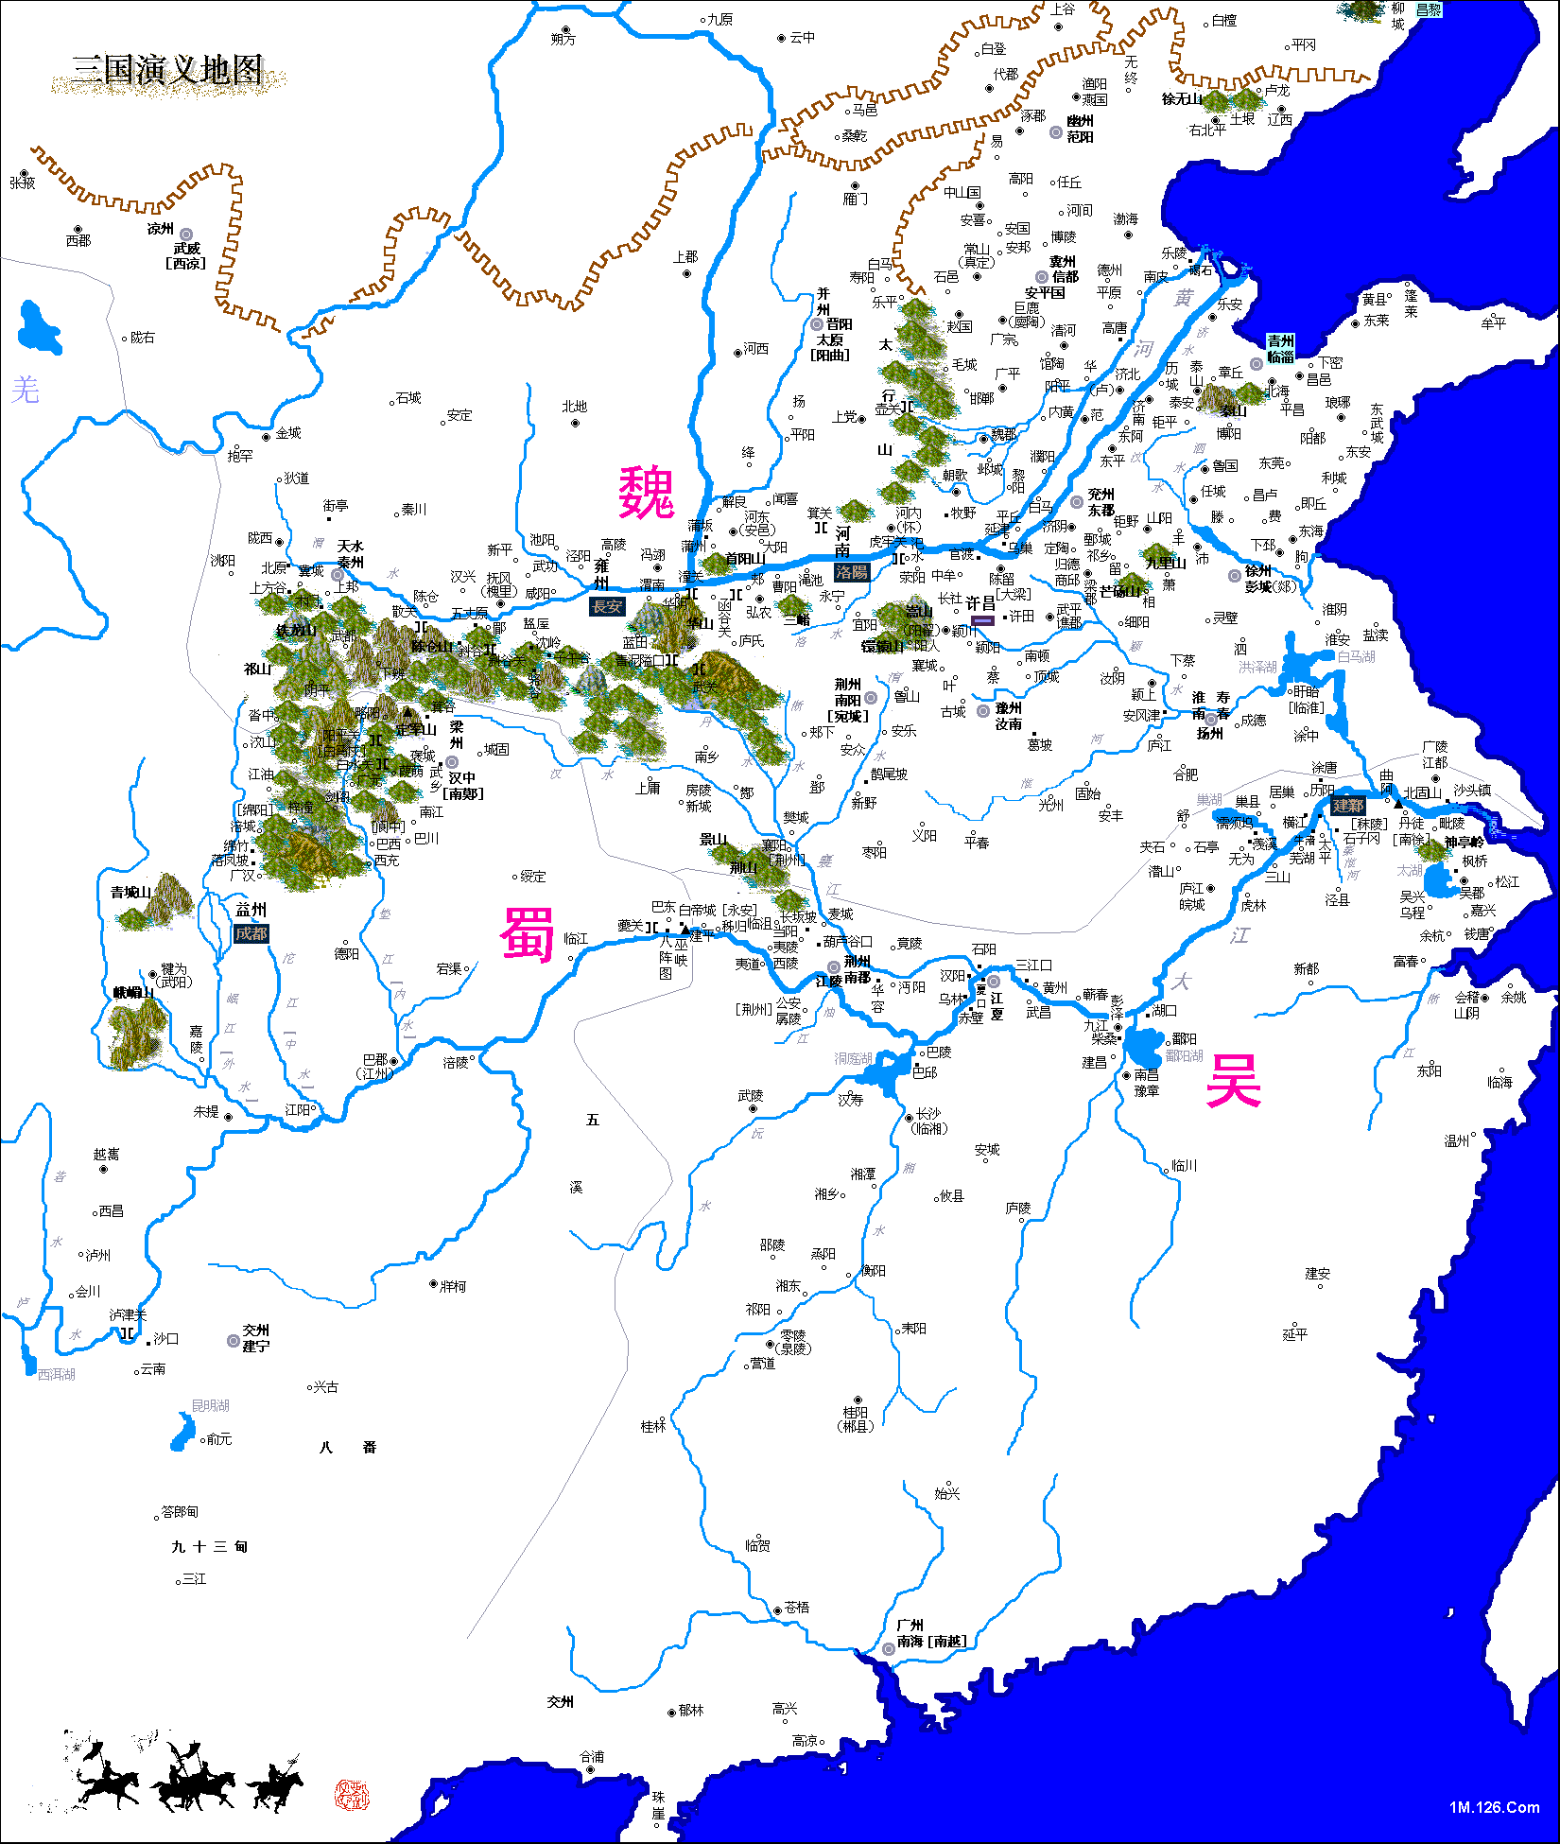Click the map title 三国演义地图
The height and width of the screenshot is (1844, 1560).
point(167,70)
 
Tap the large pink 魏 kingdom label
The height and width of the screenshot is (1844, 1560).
point(647,493)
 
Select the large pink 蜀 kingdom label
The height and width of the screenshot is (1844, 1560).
point(526,933)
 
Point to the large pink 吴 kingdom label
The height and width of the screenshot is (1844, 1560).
point(1233,1080)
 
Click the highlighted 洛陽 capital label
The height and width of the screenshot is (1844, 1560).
point(852,571)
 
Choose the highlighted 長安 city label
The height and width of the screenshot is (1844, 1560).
point(606,606)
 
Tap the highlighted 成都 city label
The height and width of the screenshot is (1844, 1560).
point(251,933)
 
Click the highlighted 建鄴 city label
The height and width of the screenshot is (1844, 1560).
point(1348,805)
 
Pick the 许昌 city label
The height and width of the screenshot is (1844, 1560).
point(980,602)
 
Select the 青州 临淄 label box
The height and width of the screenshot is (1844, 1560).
point(1280,348)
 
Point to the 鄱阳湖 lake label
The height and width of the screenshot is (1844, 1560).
point(1184,1055)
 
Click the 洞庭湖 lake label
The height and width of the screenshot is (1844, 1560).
point(853,1058)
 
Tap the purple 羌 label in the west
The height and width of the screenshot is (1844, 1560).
point(26,389)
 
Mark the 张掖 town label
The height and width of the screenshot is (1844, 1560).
point(23,183)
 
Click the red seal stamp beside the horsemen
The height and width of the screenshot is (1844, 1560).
point(352,1793)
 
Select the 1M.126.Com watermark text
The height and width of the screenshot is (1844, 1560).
point(1494,1807)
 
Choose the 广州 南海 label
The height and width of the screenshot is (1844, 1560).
point(922,1633)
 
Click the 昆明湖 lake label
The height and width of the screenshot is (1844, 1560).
point(210,1406)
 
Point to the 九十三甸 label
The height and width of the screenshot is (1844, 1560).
point(209,1547)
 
